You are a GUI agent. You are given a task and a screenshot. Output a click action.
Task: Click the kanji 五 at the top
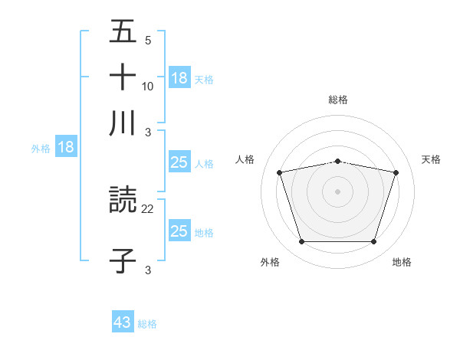click(x=123, y=31)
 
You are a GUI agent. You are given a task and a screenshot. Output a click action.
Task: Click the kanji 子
click(x=123, y=258)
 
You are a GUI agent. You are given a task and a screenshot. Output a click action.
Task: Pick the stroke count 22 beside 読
click(x=148, y=209)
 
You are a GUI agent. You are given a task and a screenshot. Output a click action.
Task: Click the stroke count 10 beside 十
click(x=148, y=86)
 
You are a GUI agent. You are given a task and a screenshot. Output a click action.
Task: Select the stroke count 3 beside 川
click(x=148, y=131)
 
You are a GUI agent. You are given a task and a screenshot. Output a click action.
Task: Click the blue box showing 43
click(x=123, y=322)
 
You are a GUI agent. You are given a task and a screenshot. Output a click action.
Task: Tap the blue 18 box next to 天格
click(x=179, y=78)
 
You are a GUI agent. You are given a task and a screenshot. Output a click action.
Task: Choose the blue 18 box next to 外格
click(x=66, y=148)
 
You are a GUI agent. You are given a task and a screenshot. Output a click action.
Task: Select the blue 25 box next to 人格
click(x=179, y=162)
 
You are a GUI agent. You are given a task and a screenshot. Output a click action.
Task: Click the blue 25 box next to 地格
click(x=179, y=231)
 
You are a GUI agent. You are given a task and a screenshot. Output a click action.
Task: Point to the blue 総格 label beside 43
click(x=148, y=324)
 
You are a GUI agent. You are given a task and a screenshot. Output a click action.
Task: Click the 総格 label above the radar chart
click(x=338, y=100)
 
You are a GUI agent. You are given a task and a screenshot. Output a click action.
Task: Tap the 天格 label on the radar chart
click(x=432, y=159)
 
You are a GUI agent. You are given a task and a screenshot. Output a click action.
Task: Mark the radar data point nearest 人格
click(x=280, y=173)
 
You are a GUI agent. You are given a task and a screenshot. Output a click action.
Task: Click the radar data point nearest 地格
click(x=373, y=242)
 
